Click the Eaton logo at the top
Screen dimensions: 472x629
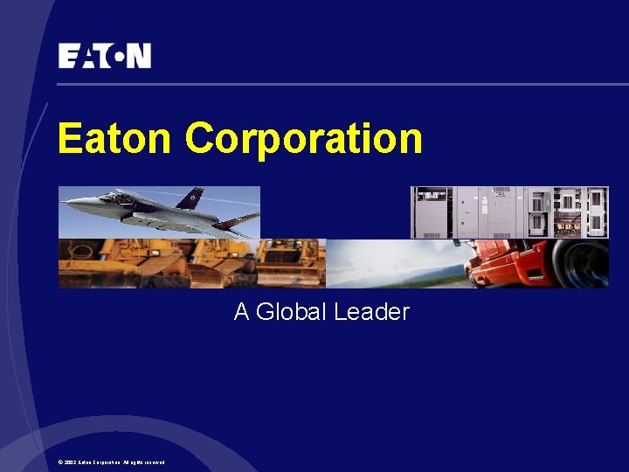(105, 56)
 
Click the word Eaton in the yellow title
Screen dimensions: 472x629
(116, 138)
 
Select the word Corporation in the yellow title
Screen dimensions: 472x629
(304, 138)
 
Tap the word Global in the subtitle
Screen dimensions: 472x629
(294, 312)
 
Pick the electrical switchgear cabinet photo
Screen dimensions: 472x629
(509, 212)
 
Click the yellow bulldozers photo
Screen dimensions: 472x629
(191, 263)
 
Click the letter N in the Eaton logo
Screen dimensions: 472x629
(140, 56)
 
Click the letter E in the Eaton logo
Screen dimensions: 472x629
(68, 56)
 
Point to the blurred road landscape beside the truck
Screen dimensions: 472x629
(397, 263)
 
